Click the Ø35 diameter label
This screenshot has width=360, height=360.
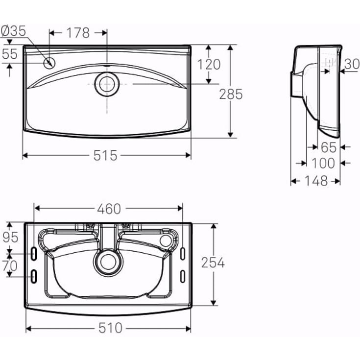click(x=14, y=31)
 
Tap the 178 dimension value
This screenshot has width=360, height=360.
click(x=78, y=33)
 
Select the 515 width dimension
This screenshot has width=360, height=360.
click(x=105, y=155)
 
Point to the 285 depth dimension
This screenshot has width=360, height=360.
click(x=231, y=94)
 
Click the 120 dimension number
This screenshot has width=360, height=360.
click(x=209, y=64)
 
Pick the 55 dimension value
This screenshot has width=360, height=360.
click(x=10, y=54)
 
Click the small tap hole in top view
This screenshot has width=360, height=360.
click(x=49, y=63)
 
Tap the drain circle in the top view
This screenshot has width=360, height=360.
click(x=107, y=84)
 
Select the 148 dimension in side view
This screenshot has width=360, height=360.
click(x=316, y=181)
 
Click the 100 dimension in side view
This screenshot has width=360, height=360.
click(x=323, y=163)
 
